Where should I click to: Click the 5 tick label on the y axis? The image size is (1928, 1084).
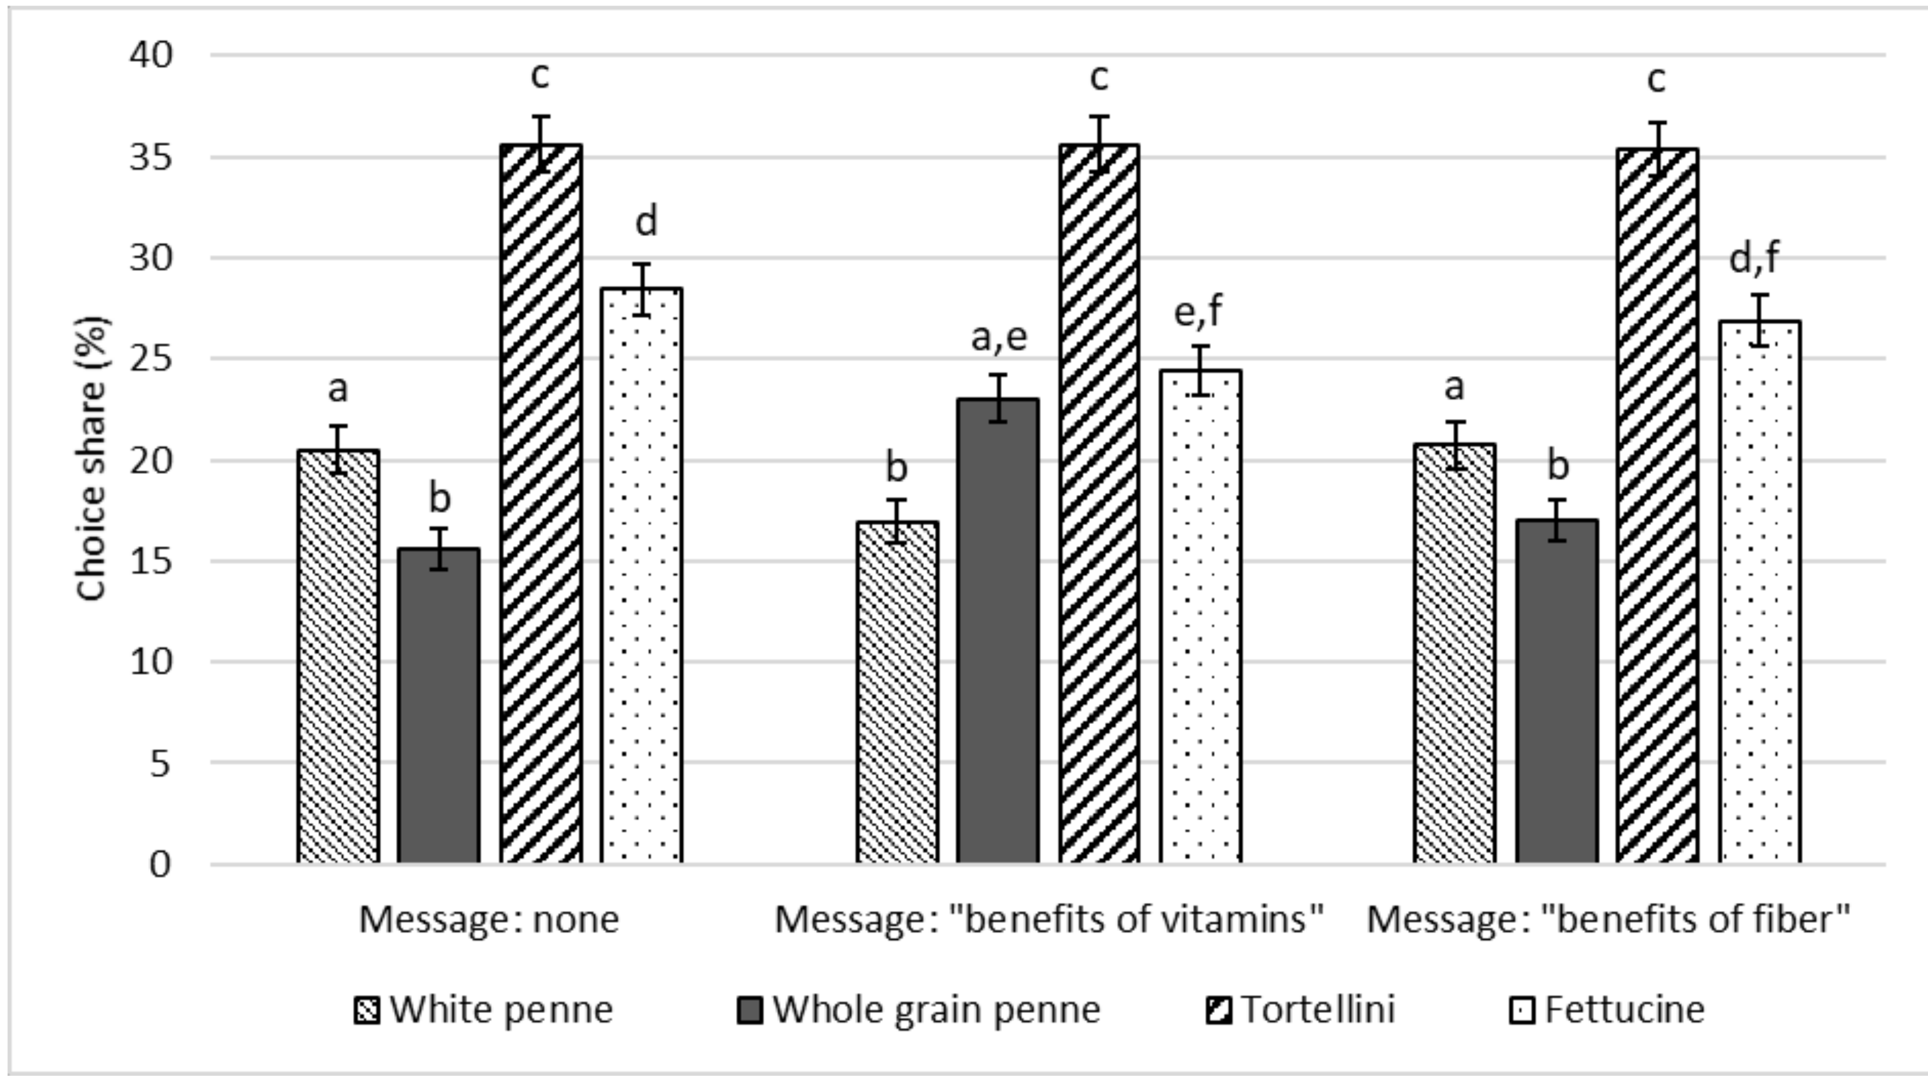(160, 764)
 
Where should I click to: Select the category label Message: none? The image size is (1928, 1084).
(489, 919)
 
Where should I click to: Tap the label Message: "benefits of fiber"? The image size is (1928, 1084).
(1608, 919)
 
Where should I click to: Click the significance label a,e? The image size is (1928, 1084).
(999, 337)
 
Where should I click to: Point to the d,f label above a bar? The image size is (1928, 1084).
(1754, 258)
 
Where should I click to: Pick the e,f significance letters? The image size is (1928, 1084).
(1199, 312)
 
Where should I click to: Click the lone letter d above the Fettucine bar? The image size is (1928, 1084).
(645, 222)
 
